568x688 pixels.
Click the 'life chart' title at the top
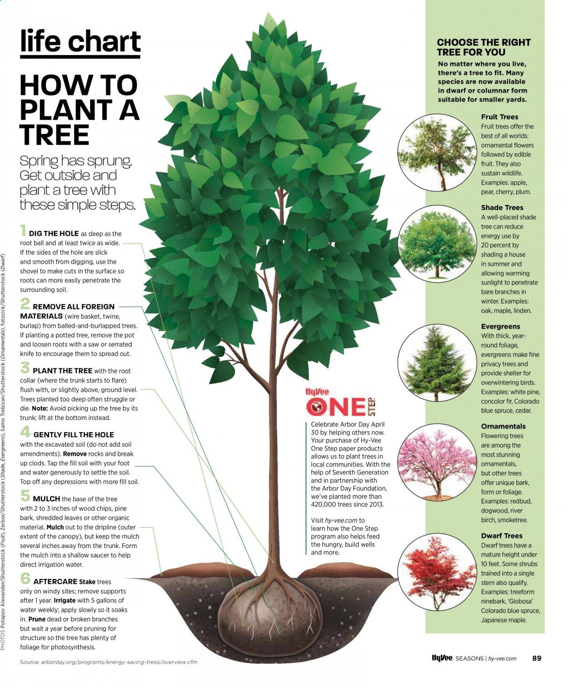[80, 41]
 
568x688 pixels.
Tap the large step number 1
[23, 230]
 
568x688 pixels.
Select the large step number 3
[25, 367]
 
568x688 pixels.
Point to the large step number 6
[25, 578]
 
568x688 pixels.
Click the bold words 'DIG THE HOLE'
[54, 234]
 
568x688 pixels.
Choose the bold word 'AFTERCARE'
[55, 582]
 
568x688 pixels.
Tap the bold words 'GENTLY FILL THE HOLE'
[74, 434]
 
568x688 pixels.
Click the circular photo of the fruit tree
[437, 153]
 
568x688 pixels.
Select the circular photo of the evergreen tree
[437, 363]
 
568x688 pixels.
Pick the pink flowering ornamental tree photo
[437, 463]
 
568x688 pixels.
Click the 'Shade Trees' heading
[502, 208]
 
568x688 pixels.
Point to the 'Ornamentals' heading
[503, 426]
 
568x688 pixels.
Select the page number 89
[537, 658]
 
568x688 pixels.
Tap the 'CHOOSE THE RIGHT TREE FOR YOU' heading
[483, 47]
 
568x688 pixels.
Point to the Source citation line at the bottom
[109, 662]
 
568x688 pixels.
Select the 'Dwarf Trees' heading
[502, 536]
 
